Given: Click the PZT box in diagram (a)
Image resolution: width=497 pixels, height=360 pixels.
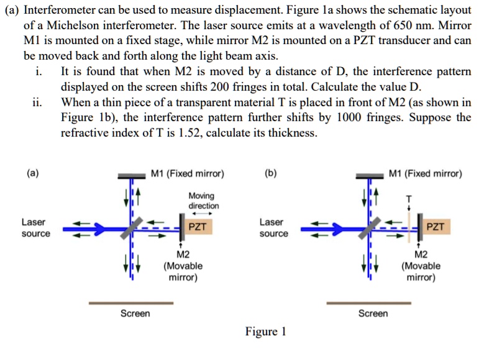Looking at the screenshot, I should [x=198, y=227].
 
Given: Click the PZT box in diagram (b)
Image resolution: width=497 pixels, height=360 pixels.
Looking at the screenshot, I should [x=435, y=227].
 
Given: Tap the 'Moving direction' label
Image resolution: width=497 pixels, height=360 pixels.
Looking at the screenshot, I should [x=204, y=200].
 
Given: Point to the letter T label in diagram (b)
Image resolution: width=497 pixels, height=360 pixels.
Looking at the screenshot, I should [x=408, y=199].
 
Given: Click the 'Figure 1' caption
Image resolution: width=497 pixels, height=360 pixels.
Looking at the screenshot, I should [x=265, y=331].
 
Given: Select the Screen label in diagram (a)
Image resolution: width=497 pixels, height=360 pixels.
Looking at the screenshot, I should [x=135, y=313].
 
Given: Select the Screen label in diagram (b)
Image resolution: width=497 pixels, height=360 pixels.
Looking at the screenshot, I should [x=373, y=313].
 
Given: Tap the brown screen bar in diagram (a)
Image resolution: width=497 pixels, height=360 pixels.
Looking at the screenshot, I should [x=131, y=303].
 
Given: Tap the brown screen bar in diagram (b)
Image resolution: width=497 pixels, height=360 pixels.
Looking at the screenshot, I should [x=369, y=303].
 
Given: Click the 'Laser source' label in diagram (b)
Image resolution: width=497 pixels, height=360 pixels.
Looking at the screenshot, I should [x=274, y=228].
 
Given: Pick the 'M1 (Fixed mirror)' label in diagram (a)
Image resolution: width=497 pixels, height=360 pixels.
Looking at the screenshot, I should [x=188, y=174].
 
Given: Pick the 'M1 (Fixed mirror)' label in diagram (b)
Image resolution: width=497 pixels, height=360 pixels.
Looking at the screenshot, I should [x=426, y=174].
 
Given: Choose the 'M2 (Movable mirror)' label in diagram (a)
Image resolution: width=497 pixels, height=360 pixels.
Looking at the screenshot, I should [x=183, y=266].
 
